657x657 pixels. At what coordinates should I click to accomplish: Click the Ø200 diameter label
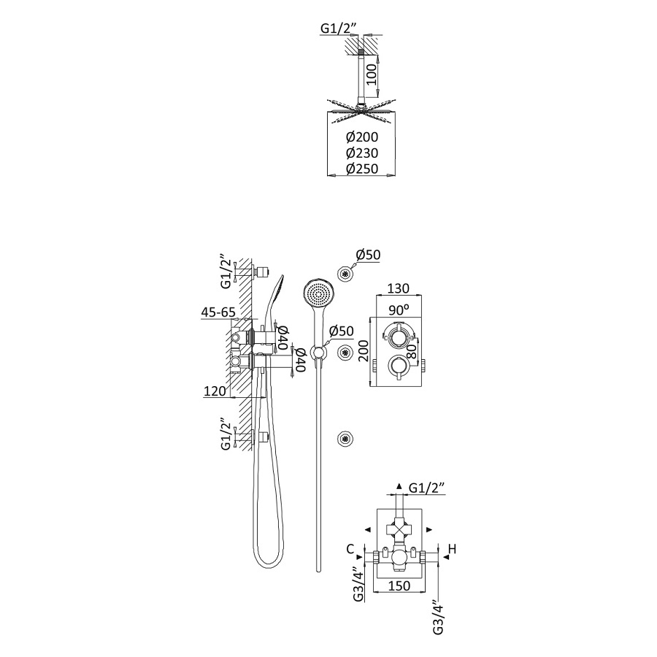click(363, 137)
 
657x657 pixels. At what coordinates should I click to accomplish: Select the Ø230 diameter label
click(363, 153)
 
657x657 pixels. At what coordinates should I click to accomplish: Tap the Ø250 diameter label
click(363, 169)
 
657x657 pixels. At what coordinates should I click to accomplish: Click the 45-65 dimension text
click(218, 312)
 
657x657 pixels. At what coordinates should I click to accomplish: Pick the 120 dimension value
click(216, 391)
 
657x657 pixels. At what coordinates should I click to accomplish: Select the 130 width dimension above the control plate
click(398, 288)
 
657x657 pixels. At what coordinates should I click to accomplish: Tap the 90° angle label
click(398, 310)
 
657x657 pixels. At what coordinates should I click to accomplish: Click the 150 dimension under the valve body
click(398, 584)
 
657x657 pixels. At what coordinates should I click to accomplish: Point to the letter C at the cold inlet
click(351, 548)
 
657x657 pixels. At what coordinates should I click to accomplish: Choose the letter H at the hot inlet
click(452, 548)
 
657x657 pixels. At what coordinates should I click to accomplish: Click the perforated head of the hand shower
click(318, 293)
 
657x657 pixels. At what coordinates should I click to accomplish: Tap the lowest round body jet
click(344, 439)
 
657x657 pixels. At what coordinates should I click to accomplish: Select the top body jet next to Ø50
click(344, 273)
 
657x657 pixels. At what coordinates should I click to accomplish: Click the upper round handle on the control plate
click(398, 337)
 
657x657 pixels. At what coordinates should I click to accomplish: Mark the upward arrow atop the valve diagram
click(398, 485)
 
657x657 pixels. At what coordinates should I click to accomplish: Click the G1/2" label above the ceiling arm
click(342, 30)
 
